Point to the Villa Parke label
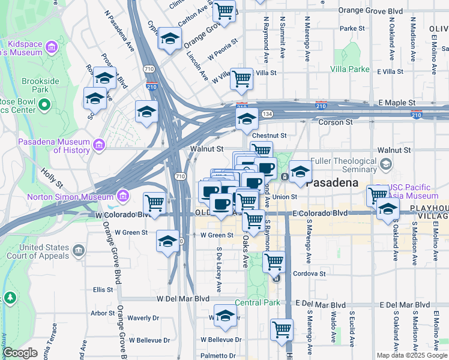[350, 69]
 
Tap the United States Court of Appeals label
[43, 251]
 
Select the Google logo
[20, 353]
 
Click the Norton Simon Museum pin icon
[123, 196]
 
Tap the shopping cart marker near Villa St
[241, 78]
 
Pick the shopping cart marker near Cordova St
[274, 261]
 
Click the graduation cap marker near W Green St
[168, 241]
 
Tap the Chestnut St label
[270, 136]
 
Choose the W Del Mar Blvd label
[183, 298]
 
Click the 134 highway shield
[267, 114]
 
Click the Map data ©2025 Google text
[411, 355]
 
